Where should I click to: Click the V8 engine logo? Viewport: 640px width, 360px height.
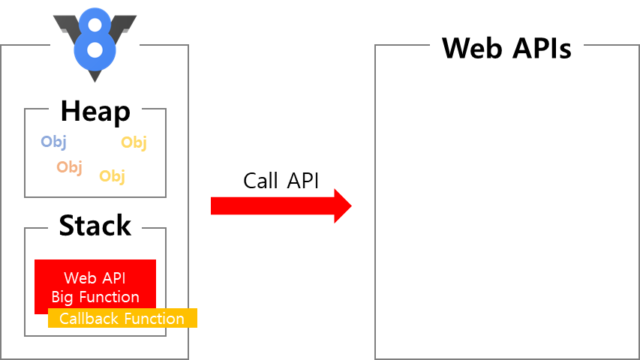[95, 43]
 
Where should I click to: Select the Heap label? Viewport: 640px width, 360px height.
[95, 112]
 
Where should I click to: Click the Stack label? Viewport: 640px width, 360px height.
[95, 225]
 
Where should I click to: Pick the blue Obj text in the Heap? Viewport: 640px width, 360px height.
[53, 141]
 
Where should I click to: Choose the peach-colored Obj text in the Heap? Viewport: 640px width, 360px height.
[69, 166]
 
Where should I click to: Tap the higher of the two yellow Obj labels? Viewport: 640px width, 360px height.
[134, 142]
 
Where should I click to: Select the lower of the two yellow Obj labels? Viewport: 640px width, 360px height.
[112, 175]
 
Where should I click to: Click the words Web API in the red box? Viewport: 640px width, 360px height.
[95, 279]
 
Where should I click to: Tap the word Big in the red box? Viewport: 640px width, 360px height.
[63, 296]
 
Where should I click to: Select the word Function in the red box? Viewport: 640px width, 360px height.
[109, 296]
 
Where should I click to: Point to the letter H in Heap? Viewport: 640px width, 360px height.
[69, 112]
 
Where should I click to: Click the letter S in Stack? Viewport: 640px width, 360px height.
[67, 225]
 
